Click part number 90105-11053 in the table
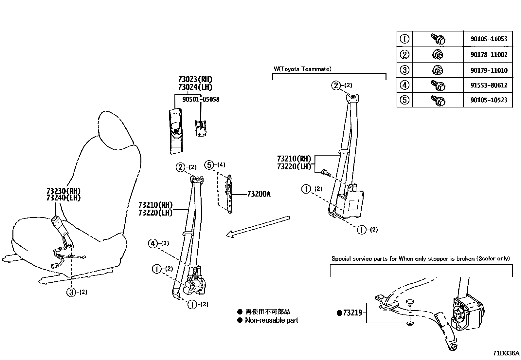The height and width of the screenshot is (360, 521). [489, 39]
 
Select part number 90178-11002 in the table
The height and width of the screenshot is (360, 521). [489, 54]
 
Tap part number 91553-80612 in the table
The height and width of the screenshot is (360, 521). [489, 85]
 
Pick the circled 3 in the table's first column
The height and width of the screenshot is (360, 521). [404, 70]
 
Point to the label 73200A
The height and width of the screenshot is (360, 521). [259, 194]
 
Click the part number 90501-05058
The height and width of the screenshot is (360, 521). [200, 99]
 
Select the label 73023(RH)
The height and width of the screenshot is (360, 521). [195, 79]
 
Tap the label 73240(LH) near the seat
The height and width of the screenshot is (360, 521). [63, 198]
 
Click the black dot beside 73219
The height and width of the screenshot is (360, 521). [339, 313]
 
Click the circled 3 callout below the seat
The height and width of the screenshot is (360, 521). [71, 292]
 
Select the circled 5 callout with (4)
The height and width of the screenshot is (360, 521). [209, 165]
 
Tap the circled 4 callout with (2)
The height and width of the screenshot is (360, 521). [153, 243]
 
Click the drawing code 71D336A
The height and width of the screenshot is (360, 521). [506, 353]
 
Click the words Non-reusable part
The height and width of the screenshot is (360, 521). [271, 320]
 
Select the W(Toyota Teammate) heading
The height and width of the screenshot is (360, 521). [302, 69]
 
